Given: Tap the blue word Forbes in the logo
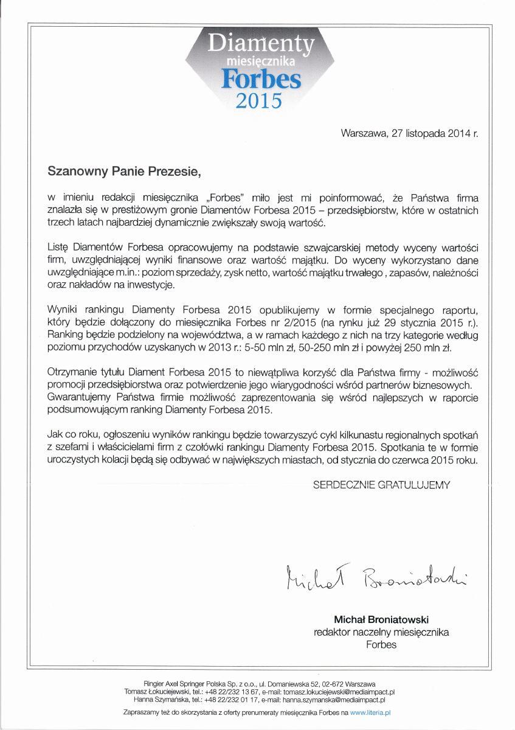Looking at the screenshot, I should pos(260,78).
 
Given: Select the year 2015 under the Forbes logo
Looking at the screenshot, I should pos(260,100).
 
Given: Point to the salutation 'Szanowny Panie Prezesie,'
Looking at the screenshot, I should pos(124,172).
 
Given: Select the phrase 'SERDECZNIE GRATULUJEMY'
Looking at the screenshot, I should pos(381,485).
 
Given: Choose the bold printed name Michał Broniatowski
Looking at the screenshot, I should pos(381,619).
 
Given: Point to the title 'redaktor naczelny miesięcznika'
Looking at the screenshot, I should pos(381,632).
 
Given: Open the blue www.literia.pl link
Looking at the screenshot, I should pos(370,711).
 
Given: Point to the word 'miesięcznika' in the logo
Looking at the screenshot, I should pos(260,61).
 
